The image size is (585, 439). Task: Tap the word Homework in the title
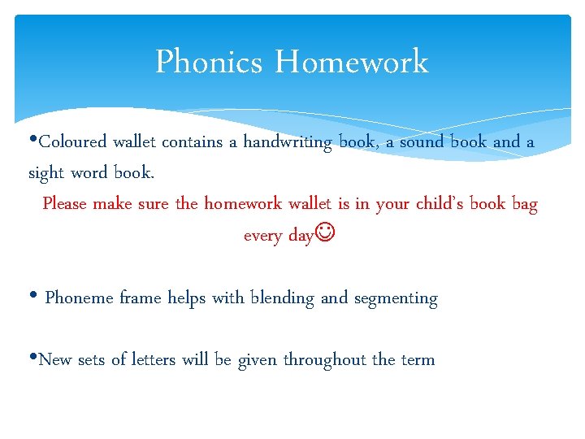coord(351,63)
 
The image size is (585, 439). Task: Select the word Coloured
coord(73,142)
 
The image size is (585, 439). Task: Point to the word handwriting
coord(288,143)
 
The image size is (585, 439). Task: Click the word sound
coord(421,142)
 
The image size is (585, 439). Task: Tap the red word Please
coord(64,203)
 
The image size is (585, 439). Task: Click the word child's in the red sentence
coord(440,203)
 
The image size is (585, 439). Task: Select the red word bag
coord(525,204)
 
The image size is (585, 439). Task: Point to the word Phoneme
coord(80,298)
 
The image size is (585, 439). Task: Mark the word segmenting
coord(396,299)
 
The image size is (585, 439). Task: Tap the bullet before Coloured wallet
coord(33,139)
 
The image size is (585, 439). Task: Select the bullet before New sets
coord(33,358)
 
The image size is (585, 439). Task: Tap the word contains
coord(192,142)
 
